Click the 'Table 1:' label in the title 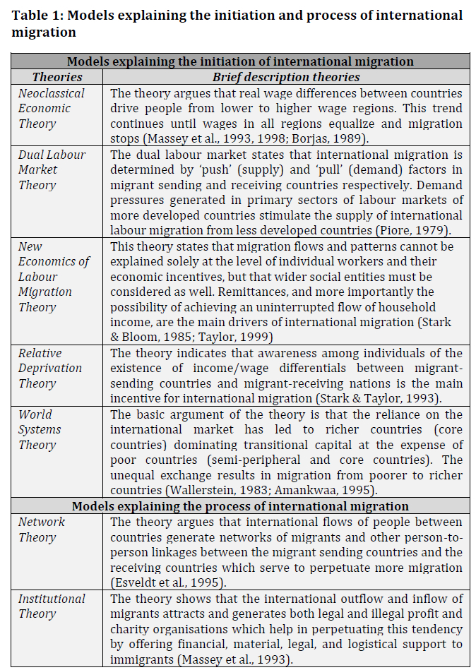[38, 15]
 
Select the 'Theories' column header [57, 77]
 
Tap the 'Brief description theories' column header [286, 77]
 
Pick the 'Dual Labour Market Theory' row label [52, 169]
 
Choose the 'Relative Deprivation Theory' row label [50, 368]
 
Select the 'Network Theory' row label [42, 530]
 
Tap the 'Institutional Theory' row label [51, 606]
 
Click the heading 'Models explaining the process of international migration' [240, 506]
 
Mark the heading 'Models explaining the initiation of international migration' [240, 61]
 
